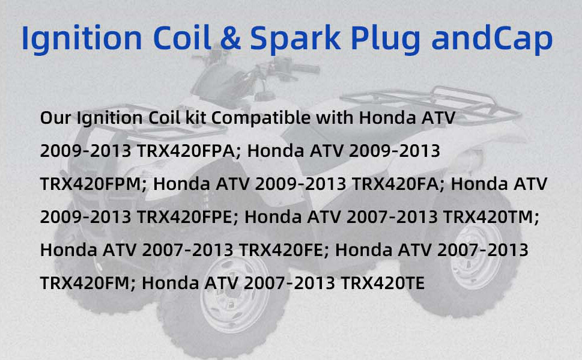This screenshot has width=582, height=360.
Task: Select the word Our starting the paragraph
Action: pyautogui.click(x=56, y=118)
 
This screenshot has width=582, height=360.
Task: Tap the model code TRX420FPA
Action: pyautogui.click(x=188, y=151)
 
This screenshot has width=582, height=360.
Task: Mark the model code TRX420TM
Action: pyautogui.click(x=491, y=217)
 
